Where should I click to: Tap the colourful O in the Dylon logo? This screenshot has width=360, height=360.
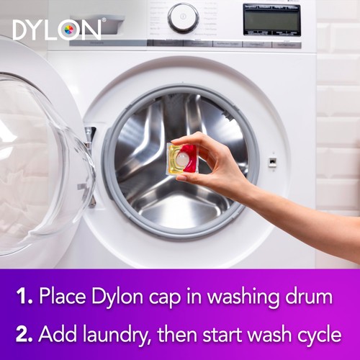click(x=70, y=30)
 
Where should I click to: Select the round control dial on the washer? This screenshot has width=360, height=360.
click(x=183, y=17)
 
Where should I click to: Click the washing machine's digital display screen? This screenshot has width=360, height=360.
click(x=271, y=19)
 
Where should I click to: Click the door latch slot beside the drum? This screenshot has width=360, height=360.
click(x=272, y=161)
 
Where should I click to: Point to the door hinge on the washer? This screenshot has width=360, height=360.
click(x=90, y=137)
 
